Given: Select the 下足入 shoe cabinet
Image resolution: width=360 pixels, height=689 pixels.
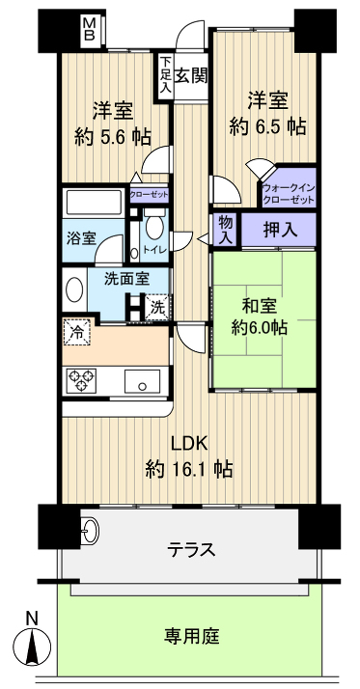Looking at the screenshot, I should tap(165, 74).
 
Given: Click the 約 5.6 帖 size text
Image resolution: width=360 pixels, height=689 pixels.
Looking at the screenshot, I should tap(112, 136).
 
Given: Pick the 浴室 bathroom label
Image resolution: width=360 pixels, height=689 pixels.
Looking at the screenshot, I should tap(81, 238).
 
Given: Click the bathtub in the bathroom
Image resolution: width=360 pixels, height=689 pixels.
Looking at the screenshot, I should tap(95, 205).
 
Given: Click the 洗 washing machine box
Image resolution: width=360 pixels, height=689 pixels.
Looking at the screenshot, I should tap(156, 310).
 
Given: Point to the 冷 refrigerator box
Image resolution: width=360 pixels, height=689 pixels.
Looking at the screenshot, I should tap(76, 332).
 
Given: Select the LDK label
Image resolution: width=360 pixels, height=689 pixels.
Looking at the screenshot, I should tap(189, 444).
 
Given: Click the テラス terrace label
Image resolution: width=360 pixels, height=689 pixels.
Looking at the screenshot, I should tap(190, 550).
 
